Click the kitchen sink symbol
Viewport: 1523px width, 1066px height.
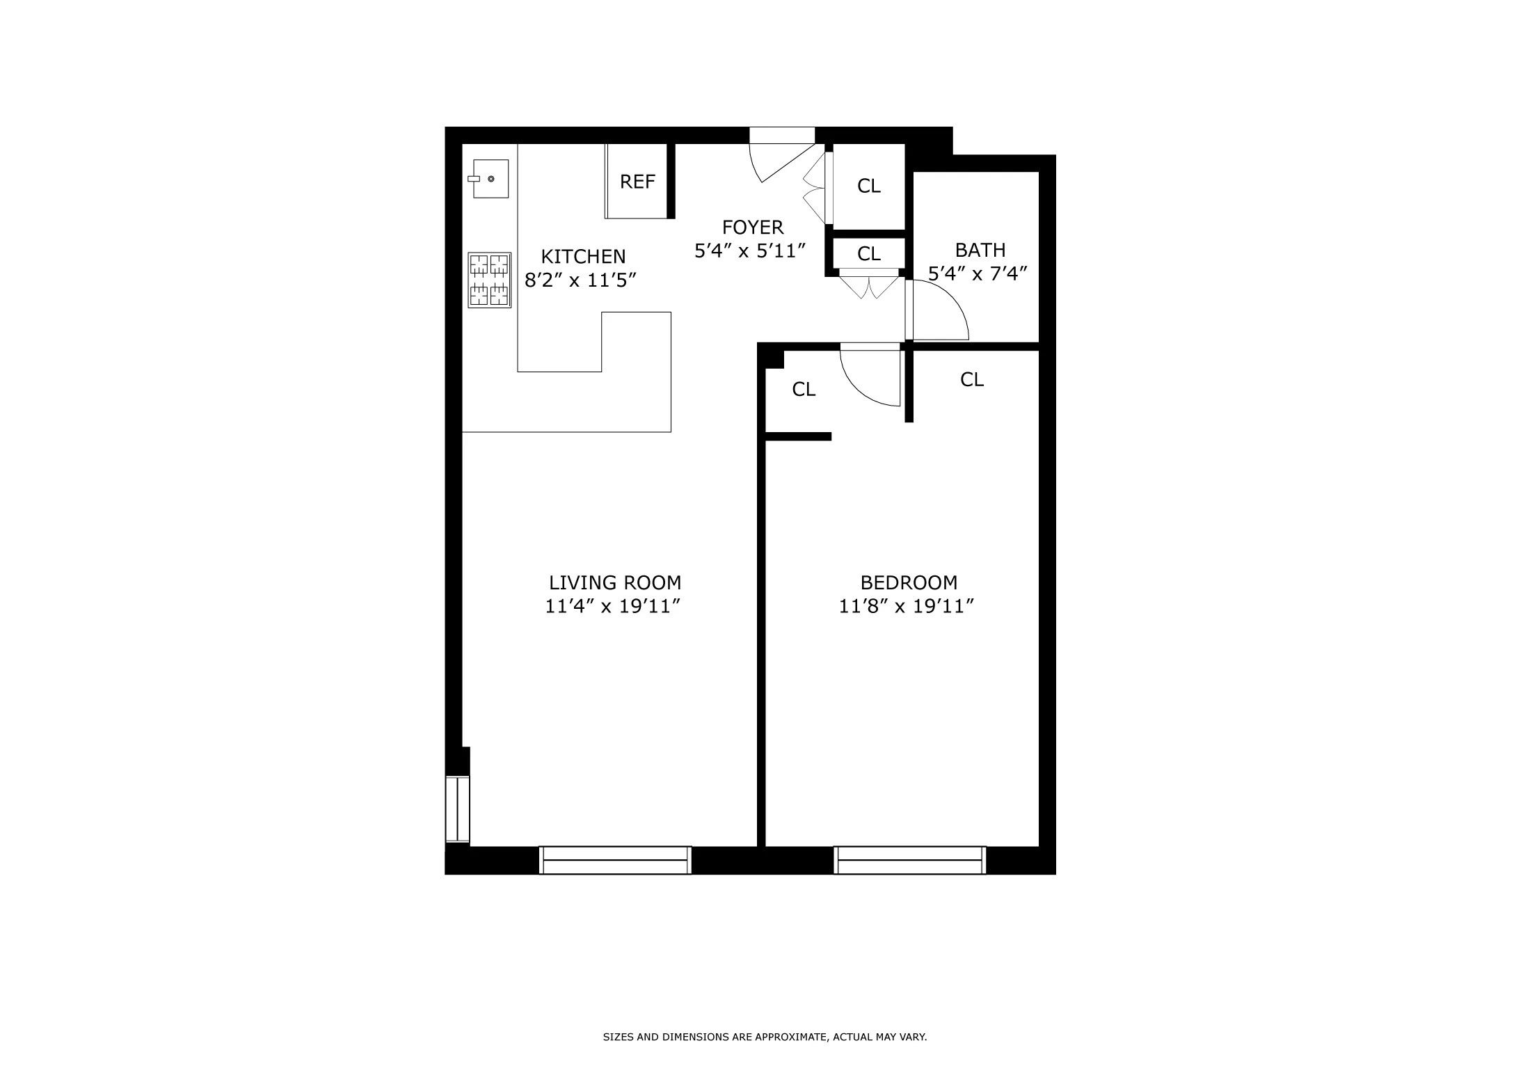[491, 179]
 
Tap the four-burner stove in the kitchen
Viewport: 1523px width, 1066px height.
[490, 280]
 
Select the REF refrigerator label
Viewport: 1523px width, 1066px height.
[637, 182]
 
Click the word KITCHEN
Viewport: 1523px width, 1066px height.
[583, 257]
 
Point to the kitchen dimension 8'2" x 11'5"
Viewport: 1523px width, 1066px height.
[580, 280]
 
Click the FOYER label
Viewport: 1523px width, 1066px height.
[753, 228]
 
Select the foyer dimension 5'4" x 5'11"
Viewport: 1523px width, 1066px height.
[750, 251]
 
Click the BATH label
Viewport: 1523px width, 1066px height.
[980, 250]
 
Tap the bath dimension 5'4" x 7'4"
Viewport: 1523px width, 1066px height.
[978, 273]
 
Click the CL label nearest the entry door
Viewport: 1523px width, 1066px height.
[868, 186]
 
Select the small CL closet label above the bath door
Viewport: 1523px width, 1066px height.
[868, 254]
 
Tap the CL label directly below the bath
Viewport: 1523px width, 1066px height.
[971, 380]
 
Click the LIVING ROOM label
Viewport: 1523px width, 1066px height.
[615, 583]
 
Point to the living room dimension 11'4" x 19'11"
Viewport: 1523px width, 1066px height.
[612, 607]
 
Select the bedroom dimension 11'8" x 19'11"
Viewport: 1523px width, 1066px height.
[906, 607]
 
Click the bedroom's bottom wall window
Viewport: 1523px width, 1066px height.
[909, 860]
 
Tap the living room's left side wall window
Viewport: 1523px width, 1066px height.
[458, 809]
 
